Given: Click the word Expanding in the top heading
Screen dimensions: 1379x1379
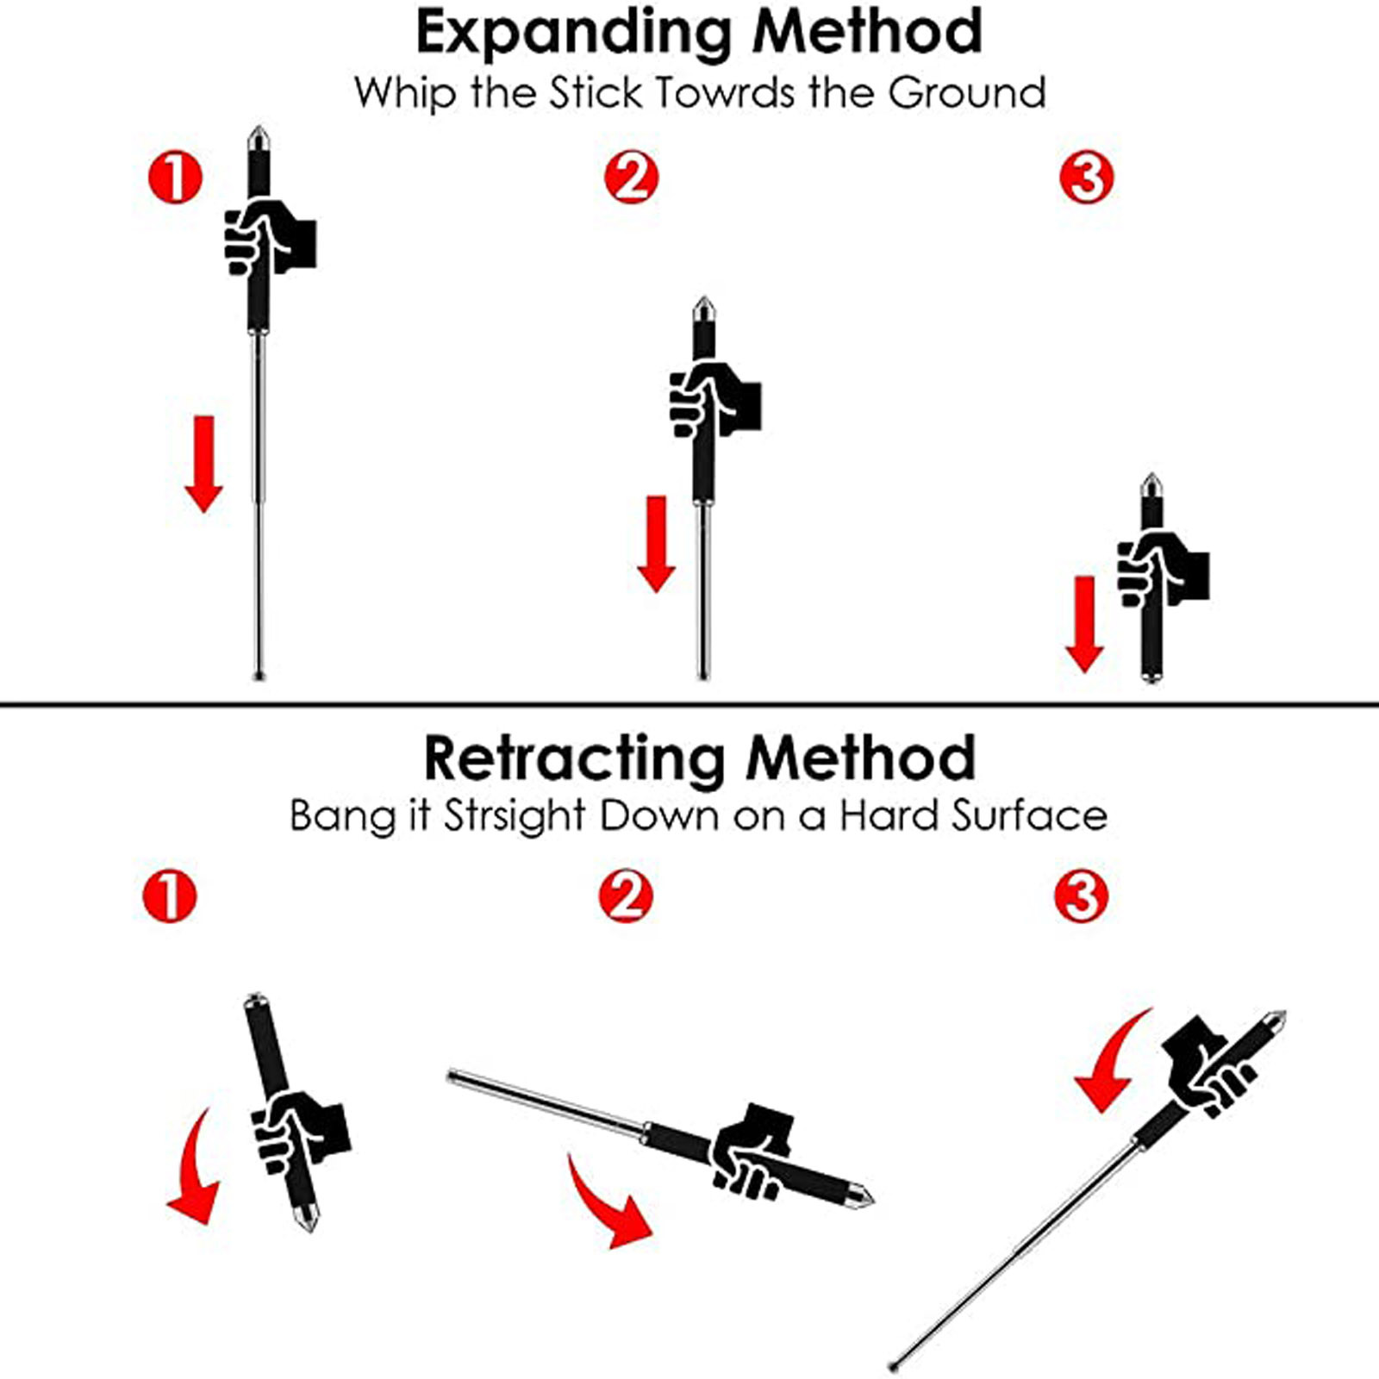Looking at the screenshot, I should (573, 33).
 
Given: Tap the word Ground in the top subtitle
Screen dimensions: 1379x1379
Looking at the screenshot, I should (967, 93).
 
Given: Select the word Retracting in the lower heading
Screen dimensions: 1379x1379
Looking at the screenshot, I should (575, 758).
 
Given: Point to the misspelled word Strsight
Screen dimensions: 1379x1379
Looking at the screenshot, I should (515, 815).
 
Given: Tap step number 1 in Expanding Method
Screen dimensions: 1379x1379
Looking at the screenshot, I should (175, 178).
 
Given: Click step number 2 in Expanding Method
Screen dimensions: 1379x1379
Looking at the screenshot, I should (631, 178).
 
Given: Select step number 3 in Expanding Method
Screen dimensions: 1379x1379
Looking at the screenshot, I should (1086, 178).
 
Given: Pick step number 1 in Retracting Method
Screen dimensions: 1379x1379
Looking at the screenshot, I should (170, 896).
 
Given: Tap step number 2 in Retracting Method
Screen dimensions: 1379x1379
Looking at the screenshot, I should (626, 896).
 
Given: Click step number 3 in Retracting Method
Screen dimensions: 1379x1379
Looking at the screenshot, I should (1081, 896).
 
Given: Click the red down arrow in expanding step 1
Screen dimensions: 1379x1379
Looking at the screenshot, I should (204, 464).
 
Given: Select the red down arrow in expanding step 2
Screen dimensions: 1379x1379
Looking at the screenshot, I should (657, 543).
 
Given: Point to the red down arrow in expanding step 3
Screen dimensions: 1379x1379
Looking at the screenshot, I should (1084, 623).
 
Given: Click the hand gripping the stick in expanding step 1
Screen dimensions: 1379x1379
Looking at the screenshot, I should (269, 239).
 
